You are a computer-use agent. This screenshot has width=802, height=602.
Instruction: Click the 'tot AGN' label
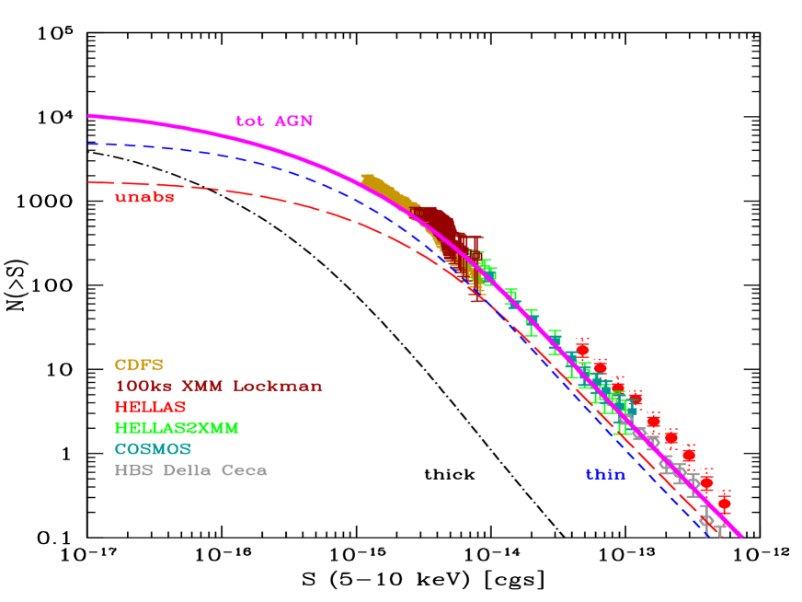pyautogui.click(x=274, y=122)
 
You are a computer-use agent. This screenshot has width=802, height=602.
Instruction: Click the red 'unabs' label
pyautogui.click(x=144, y=197)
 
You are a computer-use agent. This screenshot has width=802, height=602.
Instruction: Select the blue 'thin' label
pyautogui.click(x=605, y=475)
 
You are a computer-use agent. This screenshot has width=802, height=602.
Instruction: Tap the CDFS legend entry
pyautogui.click(x=139, y=365)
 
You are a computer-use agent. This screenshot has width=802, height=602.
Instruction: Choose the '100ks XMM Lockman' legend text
pyautogui.click(x=219, y=387)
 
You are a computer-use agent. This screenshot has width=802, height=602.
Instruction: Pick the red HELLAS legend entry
pyautogui.click(x=151, y=407)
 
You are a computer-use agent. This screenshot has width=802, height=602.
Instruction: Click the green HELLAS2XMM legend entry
pyautogui.click(x=177, y=428)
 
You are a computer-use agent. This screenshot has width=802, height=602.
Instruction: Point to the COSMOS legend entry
pyautogui.click(x=153, y=449)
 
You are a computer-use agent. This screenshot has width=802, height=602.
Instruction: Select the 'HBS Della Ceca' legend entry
pyautogui.click(x=191, y=470)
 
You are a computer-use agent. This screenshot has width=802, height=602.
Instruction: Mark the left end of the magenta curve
pyautogui.click(x=89, y=116)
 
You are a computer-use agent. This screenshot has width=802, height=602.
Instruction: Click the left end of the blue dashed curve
pyautogui.click(x=89, y=144)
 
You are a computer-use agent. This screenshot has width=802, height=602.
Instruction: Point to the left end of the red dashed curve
pyautogui.click(x=89, y=182)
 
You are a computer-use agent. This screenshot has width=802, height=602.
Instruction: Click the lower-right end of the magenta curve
pyautogui.click(x=741, y=537)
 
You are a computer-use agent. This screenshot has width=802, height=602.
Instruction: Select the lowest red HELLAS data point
pyautogui.click(x=724, y=504)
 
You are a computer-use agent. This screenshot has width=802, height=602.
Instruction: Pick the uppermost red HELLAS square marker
pyautogui.click(x=581, y=349)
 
